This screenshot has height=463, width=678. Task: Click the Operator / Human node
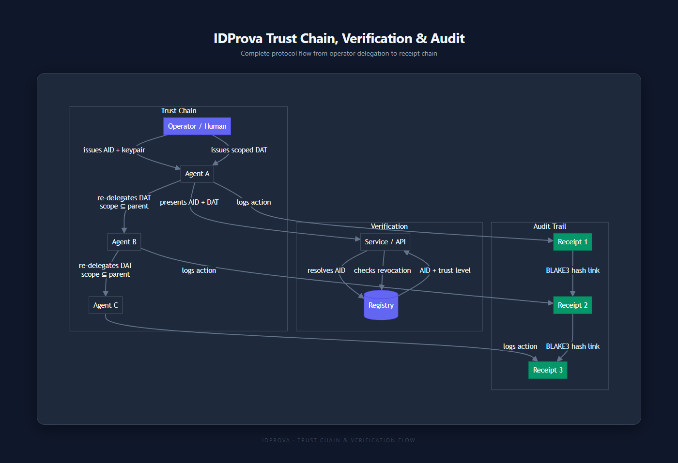pyautogui.click(x=197, y=126)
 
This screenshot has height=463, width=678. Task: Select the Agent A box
pyautogui.click(x=197, y=174)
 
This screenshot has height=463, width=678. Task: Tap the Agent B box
pyautogui.click(x=124, y=242)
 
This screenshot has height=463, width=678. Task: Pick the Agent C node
pyautogui.click(x=106, y=305)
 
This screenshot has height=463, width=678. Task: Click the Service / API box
pyautogui.click(x=385, y=242)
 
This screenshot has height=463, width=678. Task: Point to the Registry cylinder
pyautogui.click(x=381, y=305)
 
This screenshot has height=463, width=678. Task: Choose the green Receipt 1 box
pyautogui.click(x=572, y=242)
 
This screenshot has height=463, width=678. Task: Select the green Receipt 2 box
pyautogui.click(x=572, y=305)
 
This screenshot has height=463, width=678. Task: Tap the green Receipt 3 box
pyautogui.click(x=548, y=370)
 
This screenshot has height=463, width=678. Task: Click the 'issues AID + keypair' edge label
pyautogui.click(x=114, y=150)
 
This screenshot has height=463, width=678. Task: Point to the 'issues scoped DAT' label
pyautogui.click(x=239, y=150)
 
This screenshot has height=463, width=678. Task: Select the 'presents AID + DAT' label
pyautogui.click(x=189, y=202)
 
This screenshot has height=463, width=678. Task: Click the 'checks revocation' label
pyautogui.click(x=382, y=270)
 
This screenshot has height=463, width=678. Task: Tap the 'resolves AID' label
pyautogui.click(x=326, y=270)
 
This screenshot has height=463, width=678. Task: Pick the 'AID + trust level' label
pyautogui.click(x=445, y=270)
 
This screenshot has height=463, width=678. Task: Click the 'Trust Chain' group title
pyautogui.click(x=179, y=111)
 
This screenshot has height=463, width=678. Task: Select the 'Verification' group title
pyautogui.click(x=389, y=226)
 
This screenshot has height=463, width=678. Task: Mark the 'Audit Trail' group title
pyautogui.click(x=549, y=226)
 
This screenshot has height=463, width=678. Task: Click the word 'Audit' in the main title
pyautogui.click(x=447, y=38)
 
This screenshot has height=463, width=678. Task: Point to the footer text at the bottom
pyautogui.click(x=339, y=440)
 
